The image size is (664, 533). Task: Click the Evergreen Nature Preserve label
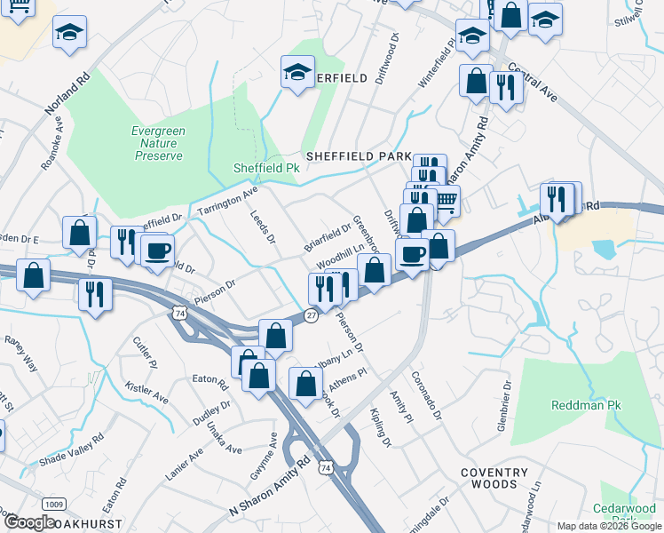coord(158,143)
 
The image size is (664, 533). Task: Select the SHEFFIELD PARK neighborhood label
coord(359,155)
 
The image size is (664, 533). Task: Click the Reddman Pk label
coord(584,405)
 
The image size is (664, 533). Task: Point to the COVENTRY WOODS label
coord(488,478)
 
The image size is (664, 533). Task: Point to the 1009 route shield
coord(53,505)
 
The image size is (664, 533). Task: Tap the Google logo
coord(29,521)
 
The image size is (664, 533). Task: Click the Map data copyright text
coord(608,526)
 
